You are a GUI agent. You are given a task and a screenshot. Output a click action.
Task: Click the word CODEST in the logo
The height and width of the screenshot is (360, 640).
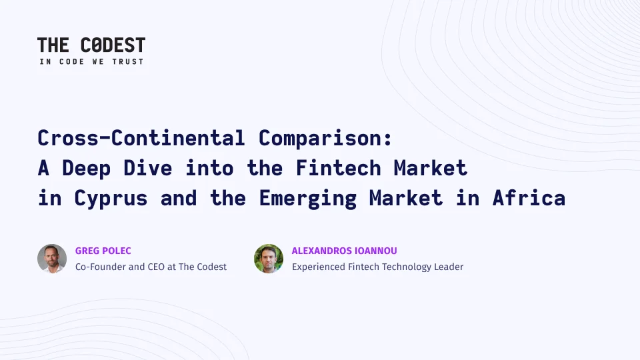113,45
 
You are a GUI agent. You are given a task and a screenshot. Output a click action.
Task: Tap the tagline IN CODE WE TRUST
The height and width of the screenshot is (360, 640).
91,61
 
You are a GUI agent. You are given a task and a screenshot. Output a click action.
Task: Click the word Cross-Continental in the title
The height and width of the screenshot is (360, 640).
141,138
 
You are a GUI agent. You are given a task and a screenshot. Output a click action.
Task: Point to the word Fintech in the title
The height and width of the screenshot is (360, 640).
339,168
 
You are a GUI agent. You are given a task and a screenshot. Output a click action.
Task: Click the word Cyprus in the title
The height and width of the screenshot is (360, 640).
111,199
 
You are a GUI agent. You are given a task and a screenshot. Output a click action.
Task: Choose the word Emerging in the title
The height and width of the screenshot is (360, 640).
308,199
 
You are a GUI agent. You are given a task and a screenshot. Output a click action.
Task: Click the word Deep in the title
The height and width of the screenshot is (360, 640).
87,169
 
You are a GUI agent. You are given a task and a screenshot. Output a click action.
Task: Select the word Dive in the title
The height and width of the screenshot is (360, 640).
148,168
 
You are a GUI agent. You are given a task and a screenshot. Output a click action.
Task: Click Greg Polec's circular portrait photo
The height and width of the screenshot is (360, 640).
52,259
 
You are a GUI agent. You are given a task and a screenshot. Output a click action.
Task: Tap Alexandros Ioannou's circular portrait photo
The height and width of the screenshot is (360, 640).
269,259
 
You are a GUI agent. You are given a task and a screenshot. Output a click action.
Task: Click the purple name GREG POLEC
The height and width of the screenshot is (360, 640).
103,251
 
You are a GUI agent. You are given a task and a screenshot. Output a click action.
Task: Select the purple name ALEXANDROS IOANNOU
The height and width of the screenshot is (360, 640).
345,251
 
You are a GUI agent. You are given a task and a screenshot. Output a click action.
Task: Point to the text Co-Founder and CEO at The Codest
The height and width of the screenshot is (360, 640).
151,267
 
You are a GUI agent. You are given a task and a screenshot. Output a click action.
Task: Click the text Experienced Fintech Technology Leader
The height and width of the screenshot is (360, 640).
377,267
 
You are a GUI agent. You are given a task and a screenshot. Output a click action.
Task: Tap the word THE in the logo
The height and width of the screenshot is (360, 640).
53,45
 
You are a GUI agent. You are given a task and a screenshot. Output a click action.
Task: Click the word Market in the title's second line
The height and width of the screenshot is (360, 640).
431,168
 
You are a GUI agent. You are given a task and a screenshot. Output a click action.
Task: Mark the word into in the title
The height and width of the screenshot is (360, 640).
209,168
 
